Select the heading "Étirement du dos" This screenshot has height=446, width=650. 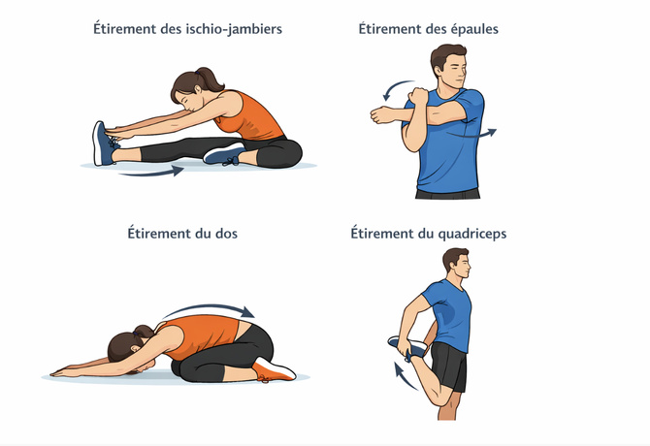[181, 234]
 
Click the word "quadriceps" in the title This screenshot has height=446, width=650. [468, 234]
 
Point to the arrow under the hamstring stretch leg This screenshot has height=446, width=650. [150, 173]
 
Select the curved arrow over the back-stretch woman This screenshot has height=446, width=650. [208, 308]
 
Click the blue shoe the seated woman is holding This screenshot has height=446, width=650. [103, 143]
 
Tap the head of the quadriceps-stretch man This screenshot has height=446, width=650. [455, 264]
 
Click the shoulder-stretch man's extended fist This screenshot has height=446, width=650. [379, 115]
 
